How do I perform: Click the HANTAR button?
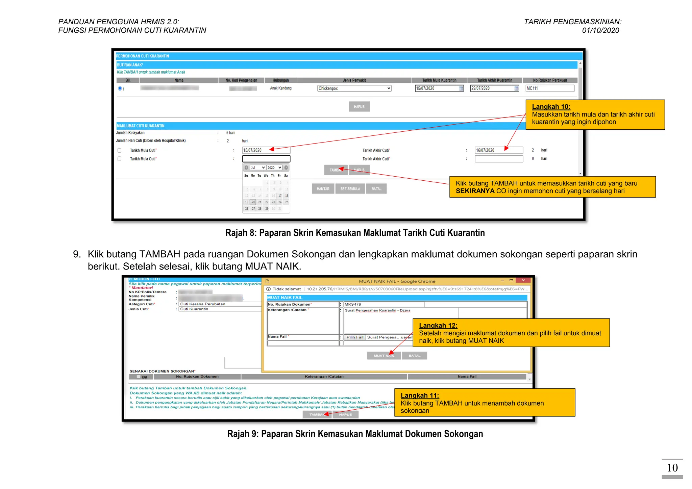click(x=323, y=189)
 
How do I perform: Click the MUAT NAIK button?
click(x=384, y=356)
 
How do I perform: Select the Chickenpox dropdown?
click(x=354, y=88)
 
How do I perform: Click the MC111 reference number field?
click(x=550, y=88)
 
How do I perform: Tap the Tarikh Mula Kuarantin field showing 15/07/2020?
click(x=439, y=88)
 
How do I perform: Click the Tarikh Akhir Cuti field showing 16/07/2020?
click(x=498, y=150)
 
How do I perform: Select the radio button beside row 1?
click(x=120, y=88)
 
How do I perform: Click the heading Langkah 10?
click(x=551, y=107)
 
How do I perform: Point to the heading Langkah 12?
click(x=438, y=326)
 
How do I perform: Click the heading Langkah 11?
click(x=420, y=395)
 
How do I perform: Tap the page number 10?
click(x=672, y=468)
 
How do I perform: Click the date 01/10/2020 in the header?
click(x=600, y=30)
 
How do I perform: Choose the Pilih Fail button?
click(x=355, y=337)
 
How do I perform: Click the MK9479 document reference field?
click(x=384, y=304)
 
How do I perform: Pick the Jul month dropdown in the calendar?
click(x=258, y=168)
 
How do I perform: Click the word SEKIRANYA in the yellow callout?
click(x=475, y=191)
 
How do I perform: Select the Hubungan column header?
click(x=280, y=80)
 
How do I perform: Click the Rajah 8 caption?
click(x=355, y=233)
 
